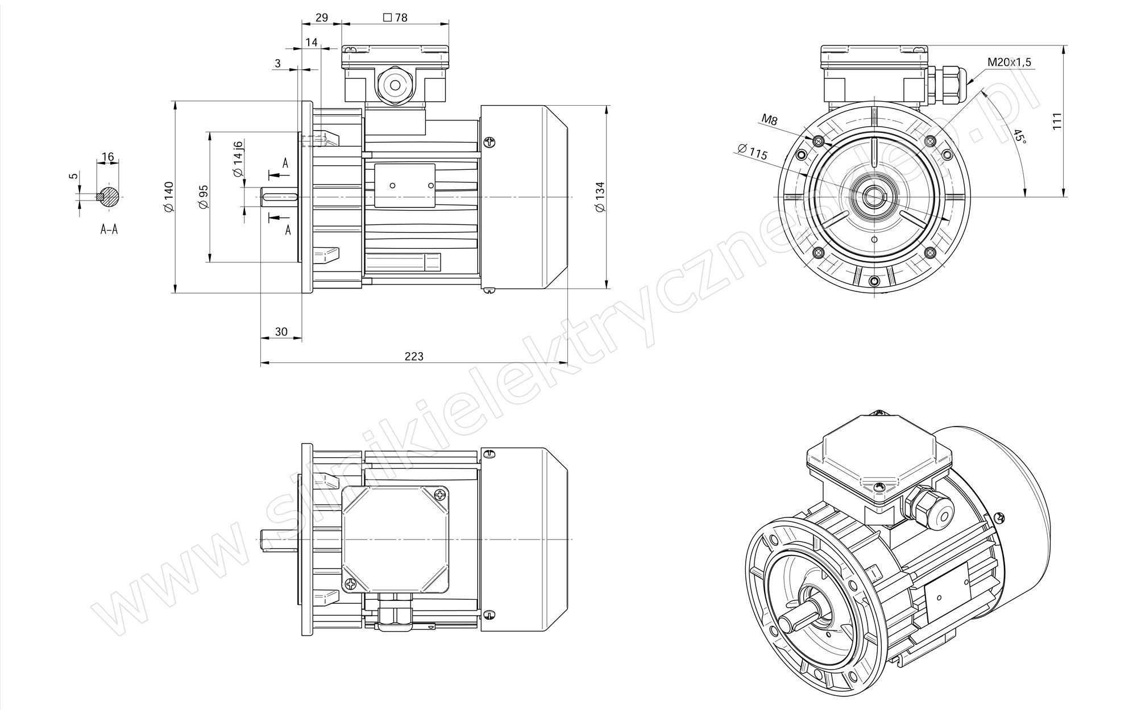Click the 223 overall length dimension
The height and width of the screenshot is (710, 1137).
(414, 356)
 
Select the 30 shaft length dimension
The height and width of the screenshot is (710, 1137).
(281, 332)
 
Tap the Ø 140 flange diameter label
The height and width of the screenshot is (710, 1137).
(168, 197)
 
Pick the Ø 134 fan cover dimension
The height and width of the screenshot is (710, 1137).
(599, 197)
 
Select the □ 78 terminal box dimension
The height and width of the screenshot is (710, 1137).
(395, 17)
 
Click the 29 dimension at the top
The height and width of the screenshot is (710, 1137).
(321, 17)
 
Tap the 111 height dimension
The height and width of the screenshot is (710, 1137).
(1057, 122)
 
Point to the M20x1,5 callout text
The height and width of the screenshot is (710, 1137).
(1009, 62)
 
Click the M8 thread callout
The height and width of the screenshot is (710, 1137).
(769, 119)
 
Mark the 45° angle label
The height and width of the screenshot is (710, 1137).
(1018, 136)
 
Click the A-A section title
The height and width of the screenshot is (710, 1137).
(109, 229)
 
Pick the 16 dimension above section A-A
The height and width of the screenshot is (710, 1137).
(107, 157)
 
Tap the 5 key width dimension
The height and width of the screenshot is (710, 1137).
(73, 176)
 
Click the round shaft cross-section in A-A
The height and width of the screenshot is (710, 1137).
(109, 197)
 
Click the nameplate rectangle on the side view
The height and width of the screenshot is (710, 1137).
(404, 185)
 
